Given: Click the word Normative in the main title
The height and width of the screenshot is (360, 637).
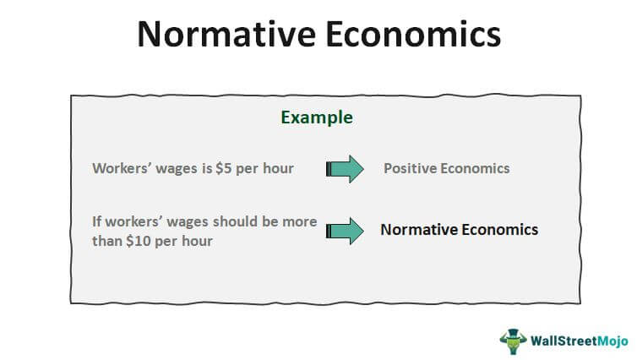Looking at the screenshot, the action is click(x=226, y=34).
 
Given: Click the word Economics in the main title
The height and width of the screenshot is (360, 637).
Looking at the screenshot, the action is click(x=413, y=34).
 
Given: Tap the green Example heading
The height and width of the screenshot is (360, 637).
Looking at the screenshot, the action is click(x=317, y=117).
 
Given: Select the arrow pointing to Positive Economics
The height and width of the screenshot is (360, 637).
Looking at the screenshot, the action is click(x=345, y=169).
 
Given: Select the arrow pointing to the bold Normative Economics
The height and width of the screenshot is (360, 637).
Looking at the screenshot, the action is click(x=345, y=231).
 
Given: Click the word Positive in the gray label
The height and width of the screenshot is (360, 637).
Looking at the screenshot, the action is click(x=410, y=168).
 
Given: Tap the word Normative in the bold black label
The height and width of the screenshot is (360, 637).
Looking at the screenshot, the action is click(x=419, y=230).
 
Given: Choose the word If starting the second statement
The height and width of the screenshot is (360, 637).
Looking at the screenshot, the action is click(x=96, y=221).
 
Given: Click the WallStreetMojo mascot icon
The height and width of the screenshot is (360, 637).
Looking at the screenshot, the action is click(x=513, y=341).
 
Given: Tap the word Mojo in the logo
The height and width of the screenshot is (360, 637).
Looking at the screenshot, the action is click(x=612, y=341).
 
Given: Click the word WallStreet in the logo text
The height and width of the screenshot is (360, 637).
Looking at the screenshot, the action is click(x=563, y=341).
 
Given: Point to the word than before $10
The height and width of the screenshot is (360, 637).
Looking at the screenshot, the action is click(x=106, y=241).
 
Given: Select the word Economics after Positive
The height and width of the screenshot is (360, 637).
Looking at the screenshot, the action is click(x=475, y=168).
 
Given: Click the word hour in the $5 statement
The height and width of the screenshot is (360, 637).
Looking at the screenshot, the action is click(x=278, y=168).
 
